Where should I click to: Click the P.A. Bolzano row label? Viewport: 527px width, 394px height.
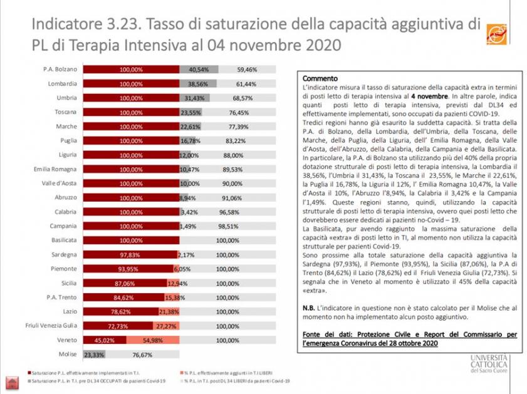61,69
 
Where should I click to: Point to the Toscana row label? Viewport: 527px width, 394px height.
65,112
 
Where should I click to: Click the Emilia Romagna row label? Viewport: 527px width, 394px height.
56,169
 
